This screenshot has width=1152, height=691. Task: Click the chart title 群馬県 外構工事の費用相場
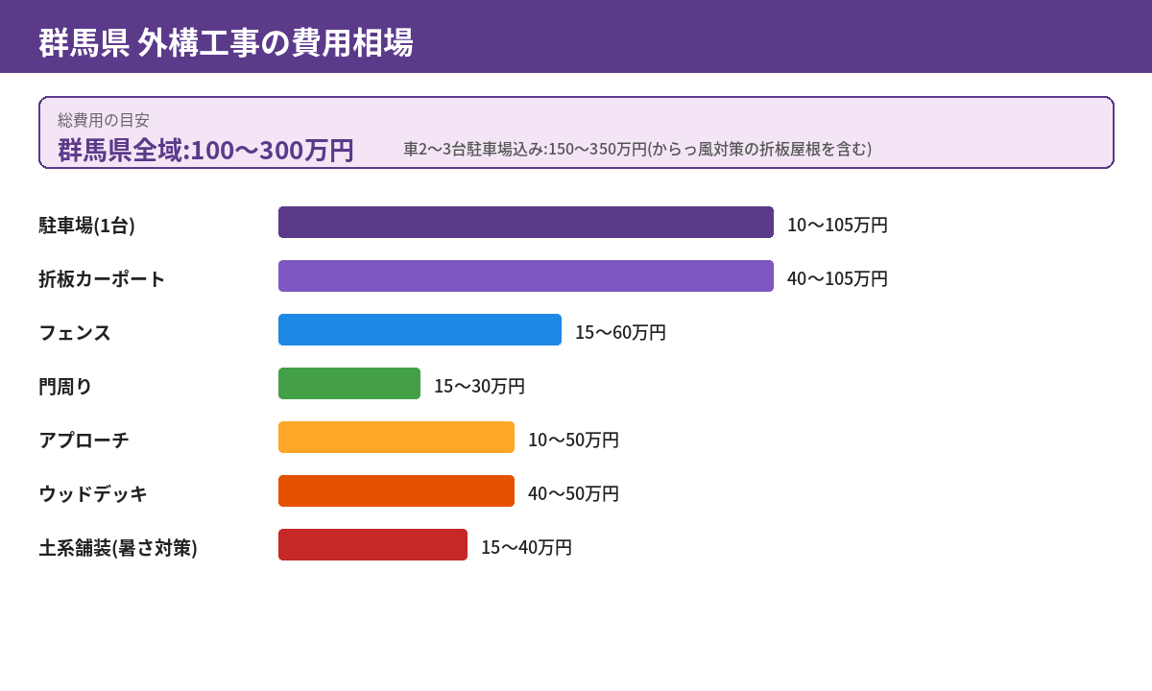tap(226, 42)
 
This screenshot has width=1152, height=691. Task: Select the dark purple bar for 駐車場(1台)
tap(525, 222)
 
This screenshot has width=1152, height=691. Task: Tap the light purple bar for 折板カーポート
tap(525, 275)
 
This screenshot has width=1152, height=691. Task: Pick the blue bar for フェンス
tap(420, 329)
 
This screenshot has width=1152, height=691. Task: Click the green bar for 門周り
tap(349, 383)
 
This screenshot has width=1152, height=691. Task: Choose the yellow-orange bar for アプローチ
tap(396, 437)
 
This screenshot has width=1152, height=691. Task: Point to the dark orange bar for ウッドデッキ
tap(396, 490)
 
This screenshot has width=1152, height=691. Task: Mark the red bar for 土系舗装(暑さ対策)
tap(372, 544)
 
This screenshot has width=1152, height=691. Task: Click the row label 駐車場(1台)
tap(86, 225)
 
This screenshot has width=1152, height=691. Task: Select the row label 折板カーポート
tap(102, 278)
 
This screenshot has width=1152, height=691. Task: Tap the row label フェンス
tap(75, 332)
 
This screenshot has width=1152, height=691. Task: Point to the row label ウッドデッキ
tap(93, 493)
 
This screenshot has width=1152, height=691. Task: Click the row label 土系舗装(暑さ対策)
tap(118, 547)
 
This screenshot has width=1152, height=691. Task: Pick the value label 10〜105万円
tap(837, 225)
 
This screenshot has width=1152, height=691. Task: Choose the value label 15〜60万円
tap(620, 332)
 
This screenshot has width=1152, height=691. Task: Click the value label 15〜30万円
tap(479, 386)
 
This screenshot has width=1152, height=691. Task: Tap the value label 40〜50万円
tap(573, 493)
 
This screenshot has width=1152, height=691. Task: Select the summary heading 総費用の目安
tap(104, 120)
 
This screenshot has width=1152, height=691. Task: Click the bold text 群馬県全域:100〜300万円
tap(205, 150)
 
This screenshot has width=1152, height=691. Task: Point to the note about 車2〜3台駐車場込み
tap(637, 149)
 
